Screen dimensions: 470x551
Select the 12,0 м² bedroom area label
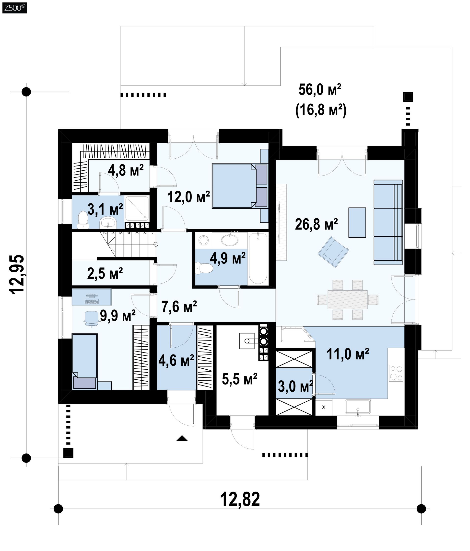189,197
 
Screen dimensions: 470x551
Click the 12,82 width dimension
240,499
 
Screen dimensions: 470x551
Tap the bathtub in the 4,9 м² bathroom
258,258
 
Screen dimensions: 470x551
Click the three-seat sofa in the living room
388,222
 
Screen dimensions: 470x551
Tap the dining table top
348,299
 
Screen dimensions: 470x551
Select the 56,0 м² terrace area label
320,90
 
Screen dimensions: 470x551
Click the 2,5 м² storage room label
105,273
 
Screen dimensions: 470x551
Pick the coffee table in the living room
357,222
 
